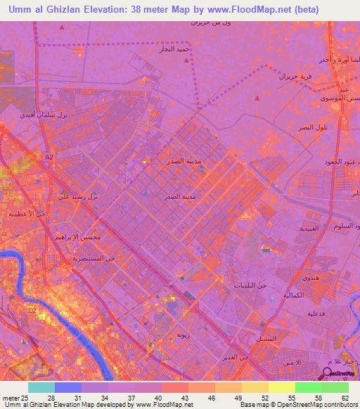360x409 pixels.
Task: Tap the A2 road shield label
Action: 49,157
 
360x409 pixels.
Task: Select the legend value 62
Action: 345,397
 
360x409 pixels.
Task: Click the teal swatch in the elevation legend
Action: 41,387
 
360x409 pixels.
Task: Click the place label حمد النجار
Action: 175,49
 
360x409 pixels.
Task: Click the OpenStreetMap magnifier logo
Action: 328,374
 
